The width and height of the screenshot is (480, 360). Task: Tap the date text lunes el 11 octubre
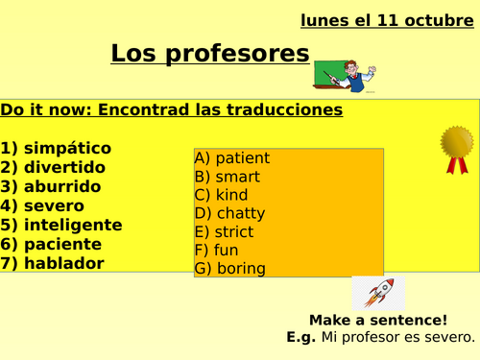pyautogui.click(x=381, y=18)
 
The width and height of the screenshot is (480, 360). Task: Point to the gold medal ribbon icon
pyautogui.click(x=457, y=148)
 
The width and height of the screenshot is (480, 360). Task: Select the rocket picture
pyautogui.click(x=377, y=293)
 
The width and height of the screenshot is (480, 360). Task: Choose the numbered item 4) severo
pyautogui.click(x=43, y=205)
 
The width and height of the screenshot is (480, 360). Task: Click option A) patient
pyautogui.click(x=231, y=157)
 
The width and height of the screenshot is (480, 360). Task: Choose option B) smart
pyautogui.click(x=227, y=177)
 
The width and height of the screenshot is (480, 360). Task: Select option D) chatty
pyautogui.click(x=229, y=213)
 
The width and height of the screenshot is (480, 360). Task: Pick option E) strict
pyautogui.click(x=224, y=231)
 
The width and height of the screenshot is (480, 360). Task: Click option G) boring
pyautogui.click(x=229, y=269)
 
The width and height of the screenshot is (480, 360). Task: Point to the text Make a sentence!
pyautogui.click(x=378, y=320)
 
